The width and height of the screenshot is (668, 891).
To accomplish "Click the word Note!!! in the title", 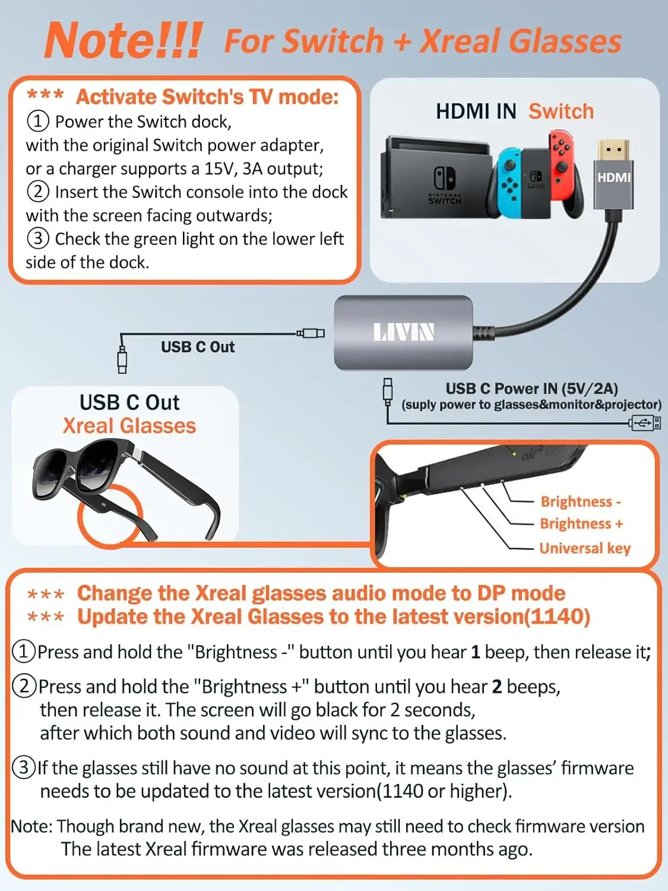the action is pyautogui.click(x=124, y=40).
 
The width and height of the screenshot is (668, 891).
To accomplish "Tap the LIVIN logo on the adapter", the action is pyautogui.click(x=404, y=332).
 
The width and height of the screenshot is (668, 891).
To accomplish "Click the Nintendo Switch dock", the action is pyautogui.click(x=436, y=178).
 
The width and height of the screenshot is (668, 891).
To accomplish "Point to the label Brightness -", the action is pyautogui.click(x=580, y=502).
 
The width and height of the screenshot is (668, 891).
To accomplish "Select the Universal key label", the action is pyautogui.click(x=585, y=548).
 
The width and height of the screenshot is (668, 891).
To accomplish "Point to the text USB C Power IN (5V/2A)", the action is pyautogui.click(x=531, y=388).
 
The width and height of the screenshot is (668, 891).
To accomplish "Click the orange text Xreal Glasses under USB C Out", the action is pyautogui.click(x=129, y=426).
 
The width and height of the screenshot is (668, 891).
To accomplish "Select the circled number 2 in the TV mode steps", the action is pyautogui.click(x=37, y=192).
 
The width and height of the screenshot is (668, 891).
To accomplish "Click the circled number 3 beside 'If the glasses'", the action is pyautogui.click(x=24, y=767).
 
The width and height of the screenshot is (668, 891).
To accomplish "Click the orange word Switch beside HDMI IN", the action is pyautogui.click(x=561, y=111).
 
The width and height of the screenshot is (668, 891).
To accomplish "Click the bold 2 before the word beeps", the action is pyautogui.click(x=497, y=687).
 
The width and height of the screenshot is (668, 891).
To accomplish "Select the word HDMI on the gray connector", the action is pyautogui.click(x=614, y=178).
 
